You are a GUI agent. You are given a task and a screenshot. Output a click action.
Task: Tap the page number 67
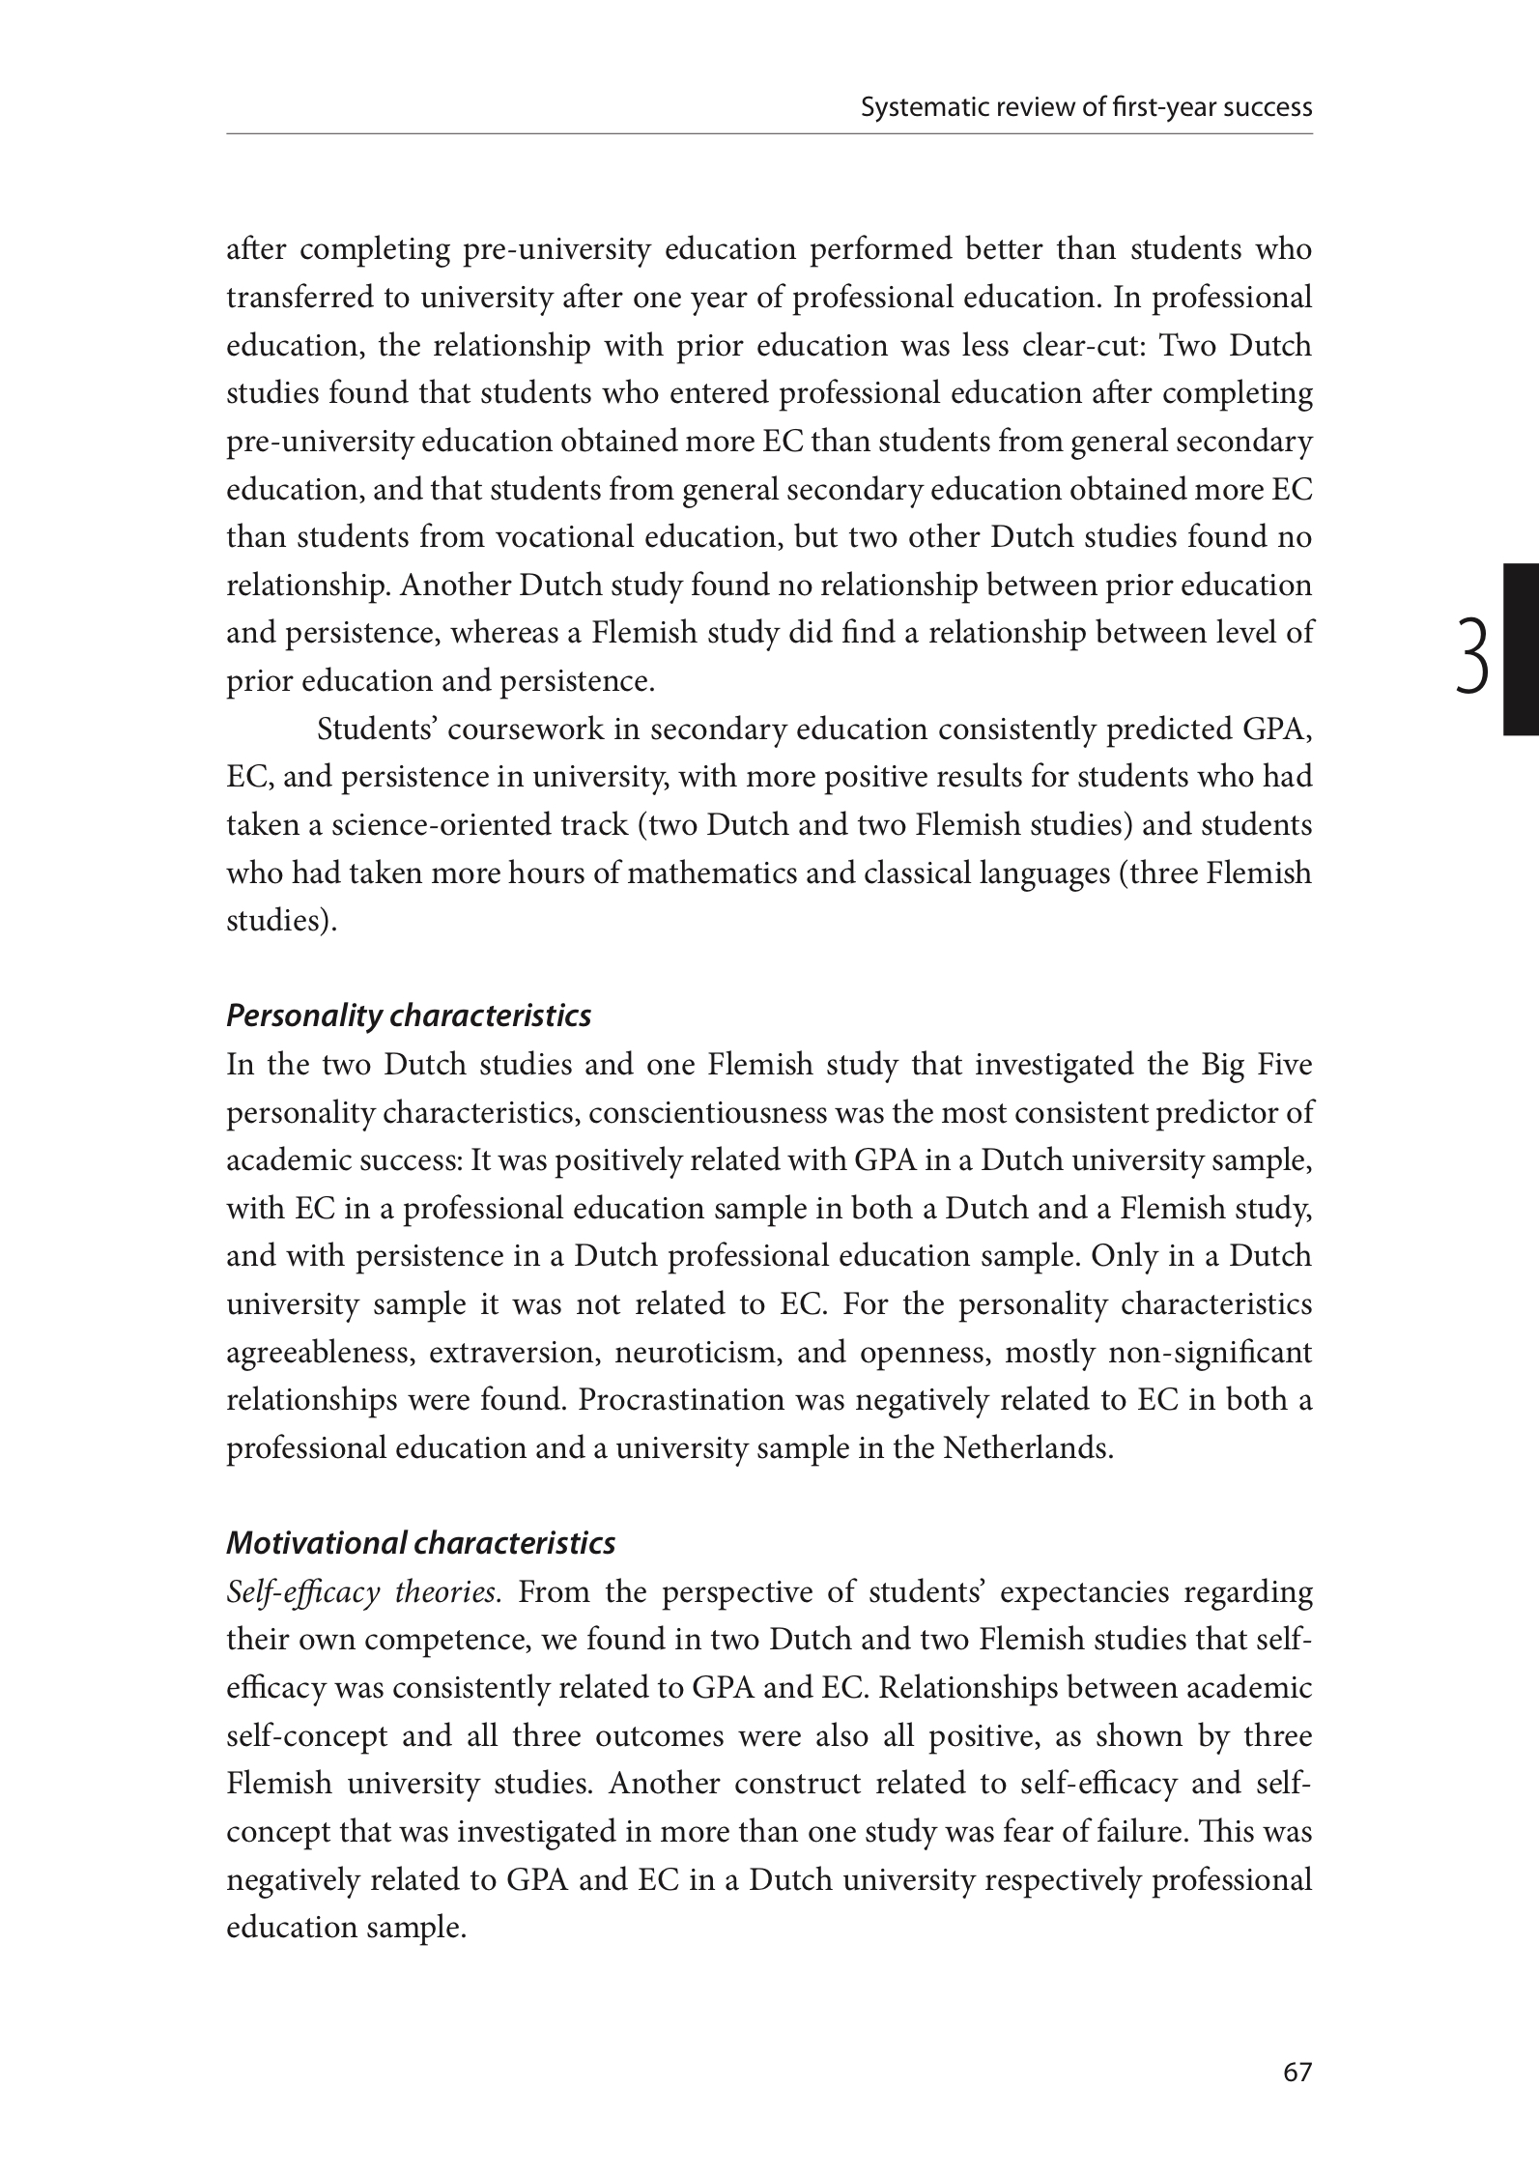point(1297,2072)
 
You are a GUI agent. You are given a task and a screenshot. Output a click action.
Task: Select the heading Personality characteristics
point(408,1016)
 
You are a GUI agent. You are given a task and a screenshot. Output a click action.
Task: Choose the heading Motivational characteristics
point(420,1543)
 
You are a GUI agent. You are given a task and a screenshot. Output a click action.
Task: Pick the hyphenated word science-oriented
point(431,825)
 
